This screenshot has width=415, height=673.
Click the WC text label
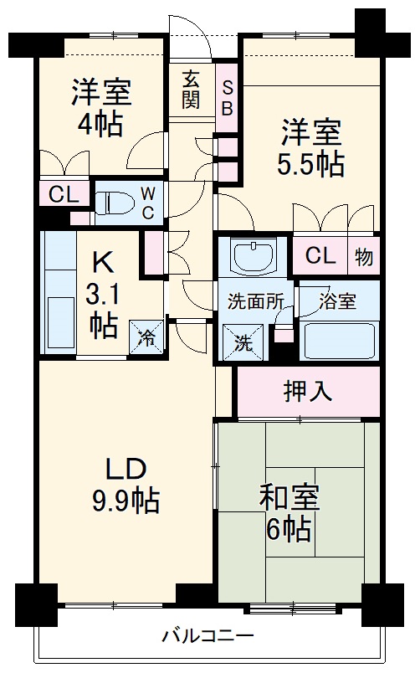[x=146, y=202]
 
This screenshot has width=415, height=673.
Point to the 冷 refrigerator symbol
[x=146, y=337]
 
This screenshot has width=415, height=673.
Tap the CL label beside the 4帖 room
[x=64, y=195]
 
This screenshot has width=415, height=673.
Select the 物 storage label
[x=364, y=256]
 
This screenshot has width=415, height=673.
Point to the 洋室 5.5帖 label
[x=310, y=147]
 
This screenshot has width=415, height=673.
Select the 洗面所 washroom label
[x=252, y=302]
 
